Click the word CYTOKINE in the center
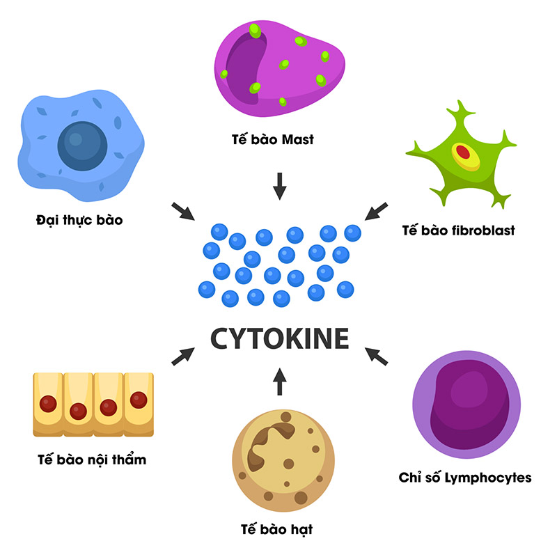click(279, 339)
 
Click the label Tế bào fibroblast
click(459, 230)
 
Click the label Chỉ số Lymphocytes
click(465, 478)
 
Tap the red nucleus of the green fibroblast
click(463, 152)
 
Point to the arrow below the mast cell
click(279, 185)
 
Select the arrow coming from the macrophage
click(182, 212)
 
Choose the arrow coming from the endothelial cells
click(182, 356)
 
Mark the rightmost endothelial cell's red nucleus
click(139, 400)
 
